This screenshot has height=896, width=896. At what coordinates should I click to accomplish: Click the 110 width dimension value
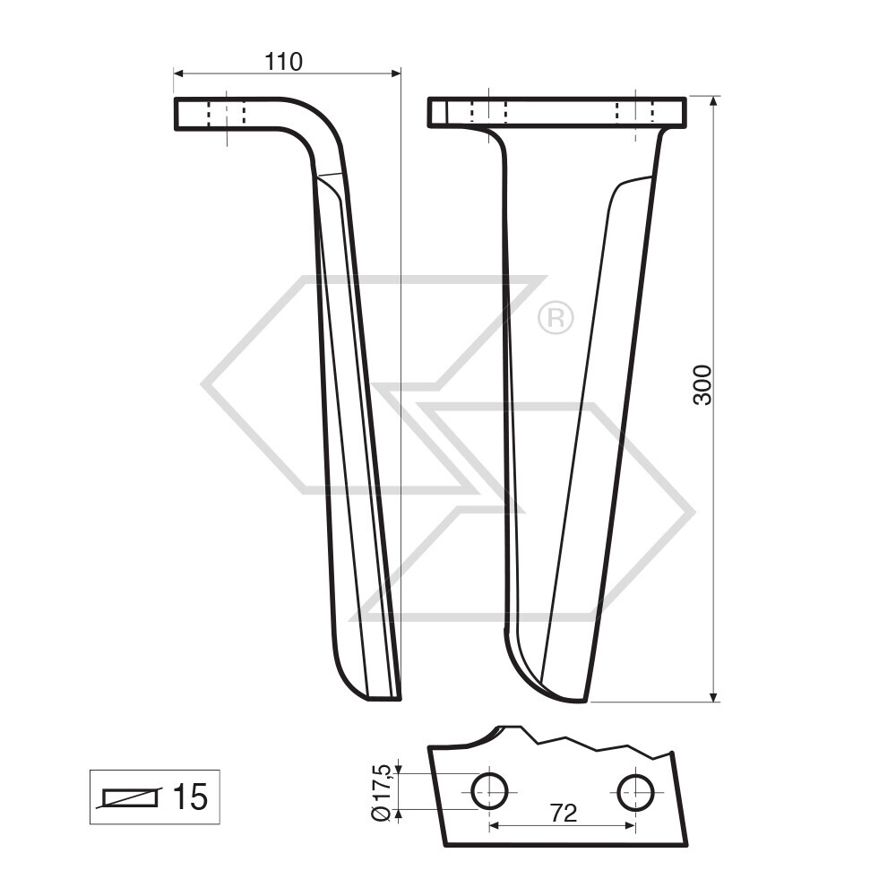[x=284, y=62]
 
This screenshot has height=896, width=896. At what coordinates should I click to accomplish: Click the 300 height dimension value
[x=703, y=384]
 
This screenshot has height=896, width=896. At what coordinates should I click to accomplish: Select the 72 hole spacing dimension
[x=563, y=814]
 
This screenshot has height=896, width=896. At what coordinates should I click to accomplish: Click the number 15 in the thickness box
[x=189, y=797]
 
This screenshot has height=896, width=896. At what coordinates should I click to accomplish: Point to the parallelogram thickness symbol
[x=130, y=797]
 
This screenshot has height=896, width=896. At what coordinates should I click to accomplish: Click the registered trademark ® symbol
[x=556, y=318]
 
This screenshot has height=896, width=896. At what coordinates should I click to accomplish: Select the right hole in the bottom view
[x=635, y=791]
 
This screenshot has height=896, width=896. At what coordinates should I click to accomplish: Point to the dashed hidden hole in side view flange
[x=227, y=114]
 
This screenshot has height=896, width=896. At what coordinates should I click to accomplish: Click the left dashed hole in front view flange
[x=489, y=112]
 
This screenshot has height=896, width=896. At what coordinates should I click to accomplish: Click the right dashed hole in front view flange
[x=635, y=112]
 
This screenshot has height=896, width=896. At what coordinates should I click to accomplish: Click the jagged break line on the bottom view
[x=582, y=742]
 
